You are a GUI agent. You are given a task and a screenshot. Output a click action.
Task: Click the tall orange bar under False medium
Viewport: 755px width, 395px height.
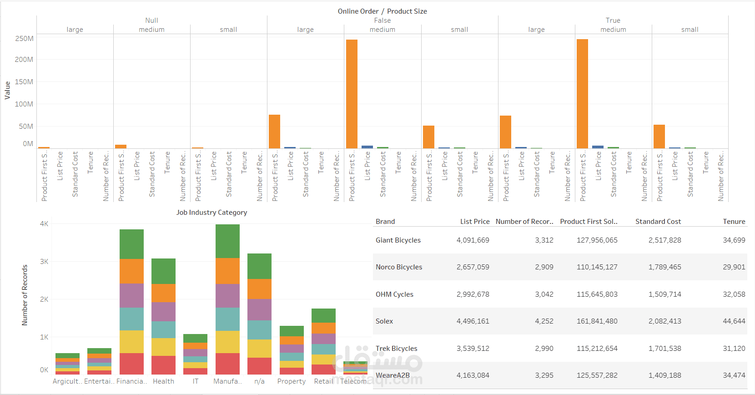tap(352, 94)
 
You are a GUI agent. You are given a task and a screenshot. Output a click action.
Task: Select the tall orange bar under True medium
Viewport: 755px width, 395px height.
tap(582, 94)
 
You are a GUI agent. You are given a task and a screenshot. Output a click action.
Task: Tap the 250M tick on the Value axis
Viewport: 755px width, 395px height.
tap(24, 39)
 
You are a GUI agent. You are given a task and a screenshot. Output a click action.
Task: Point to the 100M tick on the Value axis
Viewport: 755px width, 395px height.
tap(24, 104)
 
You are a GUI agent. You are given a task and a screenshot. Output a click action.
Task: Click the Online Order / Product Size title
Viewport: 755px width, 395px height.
tap(382, 11)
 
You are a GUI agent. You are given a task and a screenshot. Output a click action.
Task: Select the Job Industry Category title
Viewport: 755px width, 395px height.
tap(211, 213)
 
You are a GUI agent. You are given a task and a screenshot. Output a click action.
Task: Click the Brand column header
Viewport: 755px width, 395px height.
tap(385, 222)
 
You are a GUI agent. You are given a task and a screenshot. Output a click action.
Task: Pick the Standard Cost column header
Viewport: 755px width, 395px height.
tap(658, 222)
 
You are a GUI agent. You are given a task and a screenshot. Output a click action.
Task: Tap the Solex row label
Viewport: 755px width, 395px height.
tap(384, 321)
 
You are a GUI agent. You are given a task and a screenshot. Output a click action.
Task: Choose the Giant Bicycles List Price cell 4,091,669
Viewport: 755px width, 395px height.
tap(473, 240)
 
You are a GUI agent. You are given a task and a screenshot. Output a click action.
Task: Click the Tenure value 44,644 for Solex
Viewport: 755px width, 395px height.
tap(734, 321)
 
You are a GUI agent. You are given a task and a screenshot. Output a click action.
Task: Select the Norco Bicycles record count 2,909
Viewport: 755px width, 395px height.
tap(544, 267)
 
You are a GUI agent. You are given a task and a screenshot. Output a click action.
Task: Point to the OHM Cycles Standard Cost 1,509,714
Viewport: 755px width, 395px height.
tap(664, 294)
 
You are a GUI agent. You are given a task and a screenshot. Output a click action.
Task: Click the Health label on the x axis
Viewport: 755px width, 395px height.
tap(163, 381)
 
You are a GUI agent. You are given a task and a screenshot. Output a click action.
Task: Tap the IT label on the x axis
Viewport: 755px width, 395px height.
tap(195, 381)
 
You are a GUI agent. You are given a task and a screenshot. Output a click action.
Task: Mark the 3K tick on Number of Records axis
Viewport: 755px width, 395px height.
tap(44, 262)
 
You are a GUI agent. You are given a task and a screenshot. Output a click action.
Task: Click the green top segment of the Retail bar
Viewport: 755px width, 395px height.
tap(323, 315)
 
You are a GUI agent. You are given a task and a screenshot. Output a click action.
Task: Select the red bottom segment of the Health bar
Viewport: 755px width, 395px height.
tap(163, 365)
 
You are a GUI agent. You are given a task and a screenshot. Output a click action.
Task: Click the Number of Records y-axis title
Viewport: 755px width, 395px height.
tap(25, 295)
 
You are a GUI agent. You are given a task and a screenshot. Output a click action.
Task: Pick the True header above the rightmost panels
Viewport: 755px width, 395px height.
tap(613, 20)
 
